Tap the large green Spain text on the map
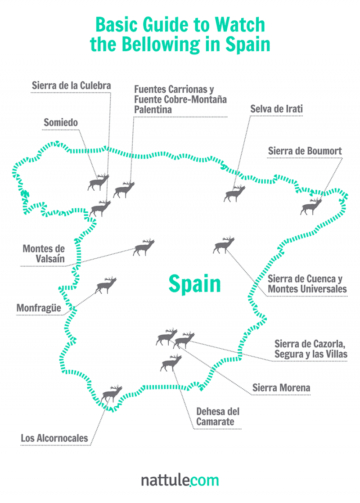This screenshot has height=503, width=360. [195, 284]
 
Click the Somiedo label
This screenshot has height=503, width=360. [61, 122]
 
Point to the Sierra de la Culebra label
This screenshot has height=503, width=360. [71, 85]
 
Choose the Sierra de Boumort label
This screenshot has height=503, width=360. [305, 151]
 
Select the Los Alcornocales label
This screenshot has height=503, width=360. [54, 438]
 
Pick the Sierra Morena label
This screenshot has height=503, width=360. [281, 388]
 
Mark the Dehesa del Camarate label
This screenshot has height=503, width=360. [218, 417]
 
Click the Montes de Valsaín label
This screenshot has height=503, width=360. [44, 254]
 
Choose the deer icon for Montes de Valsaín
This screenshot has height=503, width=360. [144, 248]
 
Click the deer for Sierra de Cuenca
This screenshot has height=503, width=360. [224, 246]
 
